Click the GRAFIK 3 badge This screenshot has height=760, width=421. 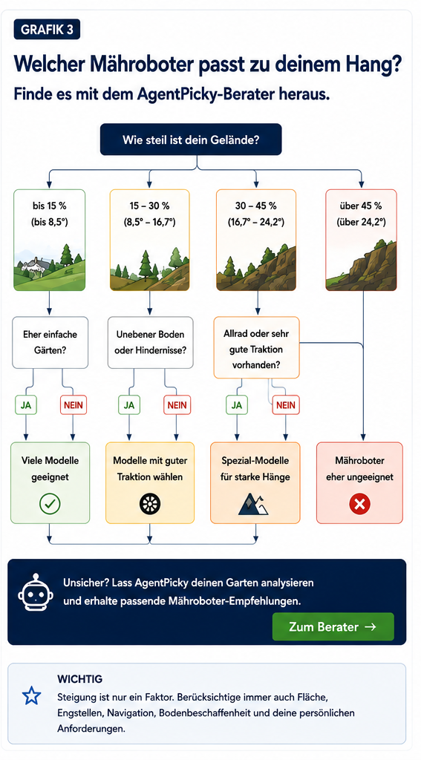tap(47, 29)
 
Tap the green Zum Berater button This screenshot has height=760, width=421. tap(333, 626)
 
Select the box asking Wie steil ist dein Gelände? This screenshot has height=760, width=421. tap(191, 139)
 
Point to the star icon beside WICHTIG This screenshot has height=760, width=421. tap(32, 696)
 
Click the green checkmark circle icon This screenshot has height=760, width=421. tap(50, 504)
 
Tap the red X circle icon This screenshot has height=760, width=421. tap(359, 504)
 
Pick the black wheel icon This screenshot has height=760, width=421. tap(150, 504)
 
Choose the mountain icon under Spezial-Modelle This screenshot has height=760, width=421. tap(252, 504)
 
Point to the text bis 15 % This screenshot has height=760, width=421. tap(50, 206)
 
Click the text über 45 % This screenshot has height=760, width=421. tap(362, 206)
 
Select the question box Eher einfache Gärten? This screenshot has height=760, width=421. tap(50, 341)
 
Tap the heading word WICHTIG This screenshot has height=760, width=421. tap(80, 678)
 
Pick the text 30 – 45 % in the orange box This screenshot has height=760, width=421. tap(255, 206)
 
